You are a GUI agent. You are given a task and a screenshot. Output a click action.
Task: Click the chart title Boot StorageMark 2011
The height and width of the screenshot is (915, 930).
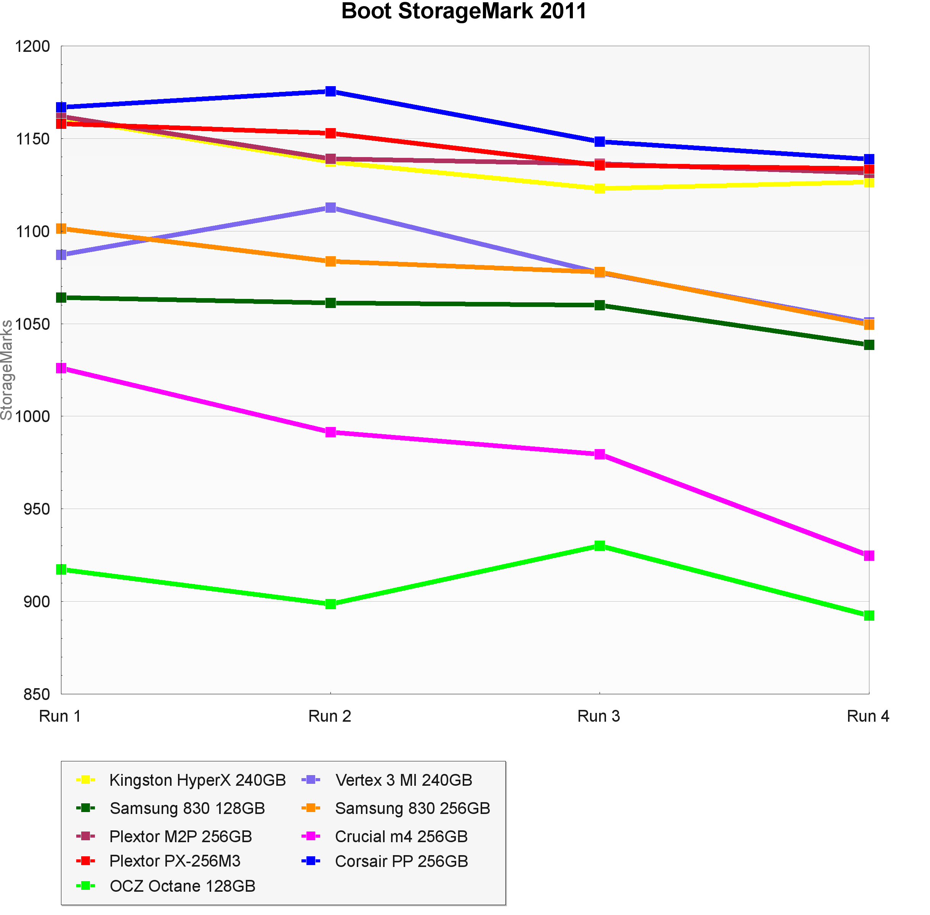pos(463,11)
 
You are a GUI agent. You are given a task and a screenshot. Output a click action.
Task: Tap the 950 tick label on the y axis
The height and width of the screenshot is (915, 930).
pos(37,509)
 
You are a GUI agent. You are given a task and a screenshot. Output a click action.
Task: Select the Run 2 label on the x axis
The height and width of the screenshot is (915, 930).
pos(330,716)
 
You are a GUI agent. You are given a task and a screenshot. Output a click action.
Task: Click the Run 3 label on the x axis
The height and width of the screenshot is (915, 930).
pos(598,716)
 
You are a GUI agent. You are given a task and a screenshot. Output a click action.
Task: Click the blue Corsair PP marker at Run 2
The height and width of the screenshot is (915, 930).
pos(330,91)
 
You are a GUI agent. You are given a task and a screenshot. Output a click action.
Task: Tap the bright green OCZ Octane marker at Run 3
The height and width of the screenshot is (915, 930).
pos(600,546)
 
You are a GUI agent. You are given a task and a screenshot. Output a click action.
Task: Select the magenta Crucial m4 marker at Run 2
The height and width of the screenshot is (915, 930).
pos(330,432)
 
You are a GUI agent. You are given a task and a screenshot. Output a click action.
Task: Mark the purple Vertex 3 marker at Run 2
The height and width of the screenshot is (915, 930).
pos(330,208)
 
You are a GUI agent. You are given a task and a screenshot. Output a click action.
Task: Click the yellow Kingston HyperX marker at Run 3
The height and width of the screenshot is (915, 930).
pos(600,188)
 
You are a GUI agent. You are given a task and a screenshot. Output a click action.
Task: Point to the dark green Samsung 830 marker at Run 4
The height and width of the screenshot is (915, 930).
pos(869,345)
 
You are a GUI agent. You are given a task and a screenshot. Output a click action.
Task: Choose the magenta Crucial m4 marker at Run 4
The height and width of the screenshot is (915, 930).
pos(869,555)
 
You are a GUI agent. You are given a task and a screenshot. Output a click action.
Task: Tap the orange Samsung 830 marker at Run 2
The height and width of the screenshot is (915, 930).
pos(330,262)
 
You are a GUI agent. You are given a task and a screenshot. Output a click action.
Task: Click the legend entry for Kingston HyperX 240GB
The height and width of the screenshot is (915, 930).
pos(197,780)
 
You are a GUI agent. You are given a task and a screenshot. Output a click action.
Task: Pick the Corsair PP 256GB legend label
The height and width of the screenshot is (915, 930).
pos(401,861)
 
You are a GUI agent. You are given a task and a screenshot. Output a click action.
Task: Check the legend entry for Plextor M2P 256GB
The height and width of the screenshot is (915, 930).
pos(181,836)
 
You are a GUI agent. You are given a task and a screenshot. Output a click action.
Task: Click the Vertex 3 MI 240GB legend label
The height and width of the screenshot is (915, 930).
pos(404,780)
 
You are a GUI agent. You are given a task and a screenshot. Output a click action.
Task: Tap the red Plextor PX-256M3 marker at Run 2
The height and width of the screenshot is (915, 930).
pos(330,133)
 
